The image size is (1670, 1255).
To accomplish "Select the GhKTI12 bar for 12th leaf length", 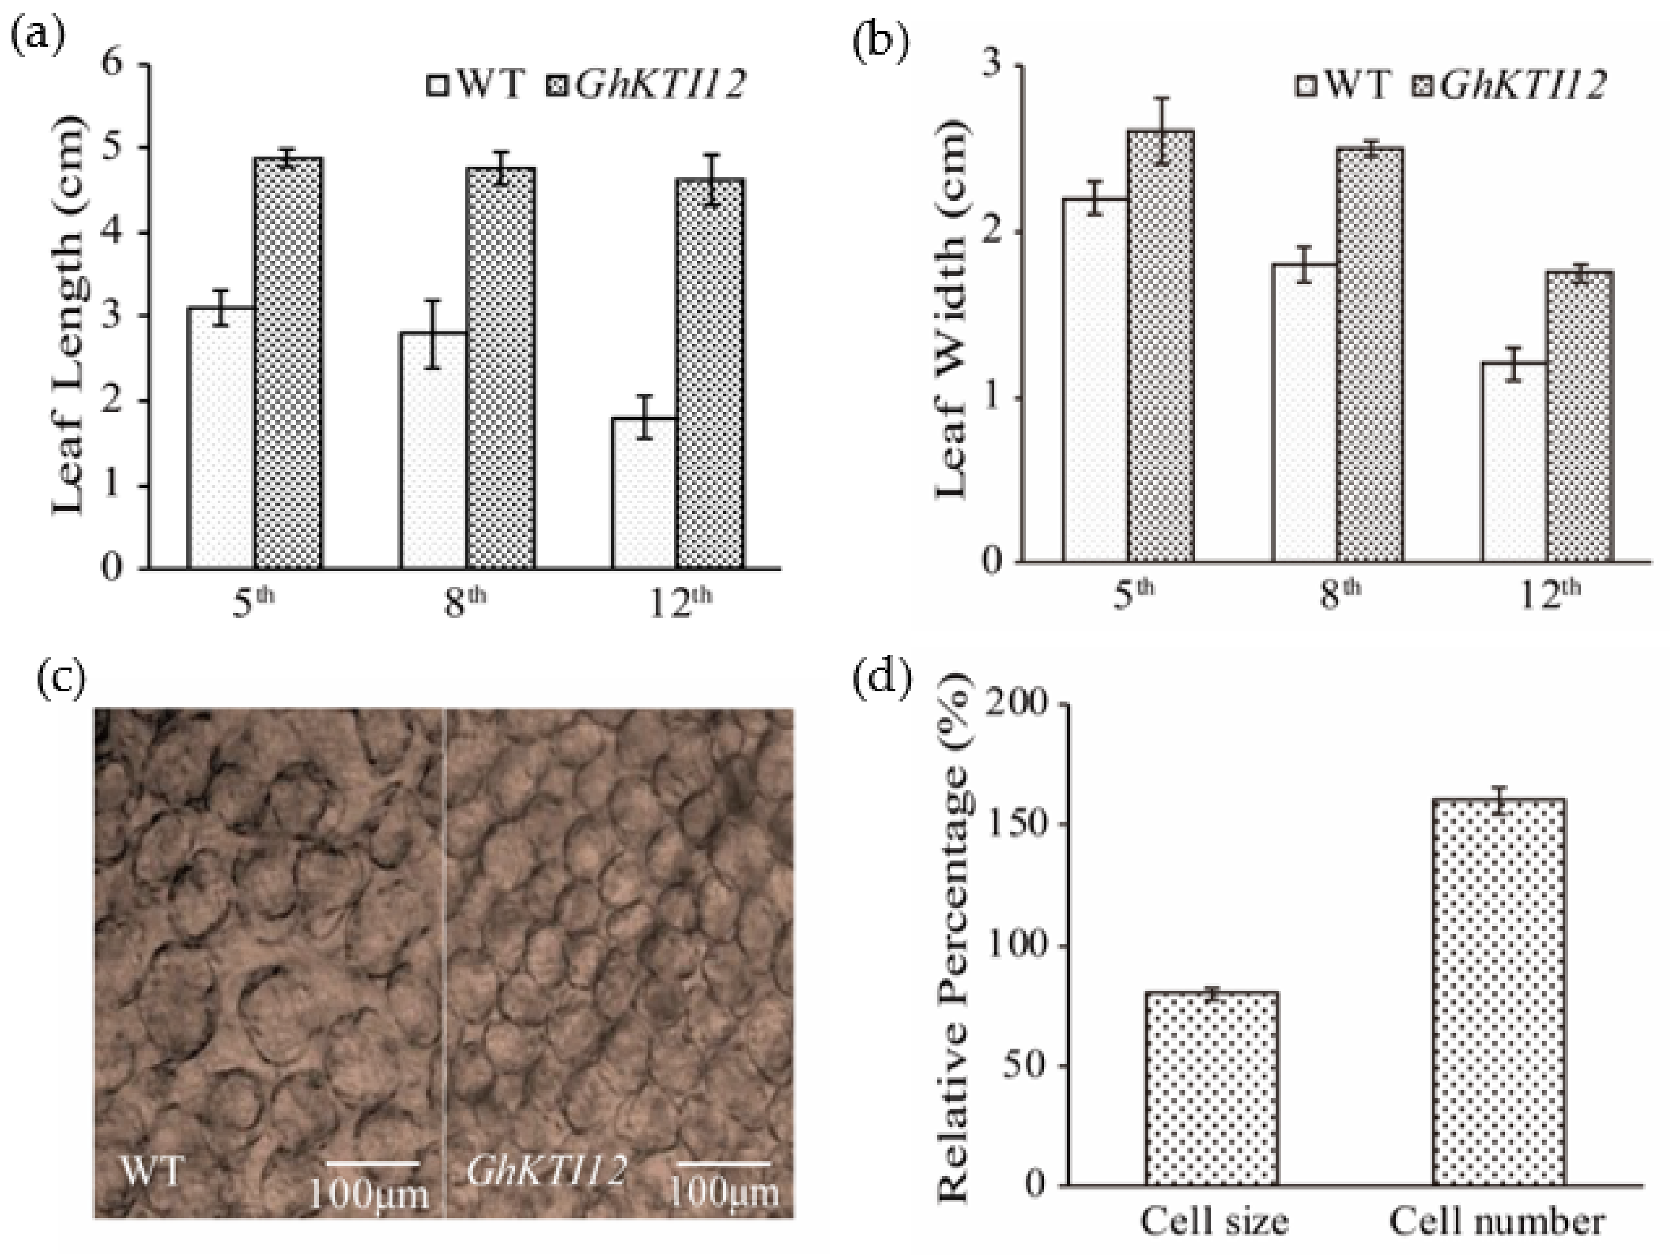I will point(710,373).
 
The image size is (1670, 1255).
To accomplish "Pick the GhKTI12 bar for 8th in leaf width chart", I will point(1370,355).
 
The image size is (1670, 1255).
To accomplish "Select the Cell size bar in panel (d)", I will point(1211,1087).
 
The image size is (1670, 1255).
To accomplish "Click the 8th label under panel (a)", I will point(463,603).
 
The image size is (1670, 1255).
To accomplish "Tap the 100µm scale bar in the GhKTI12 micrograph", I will point(723,1163).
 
